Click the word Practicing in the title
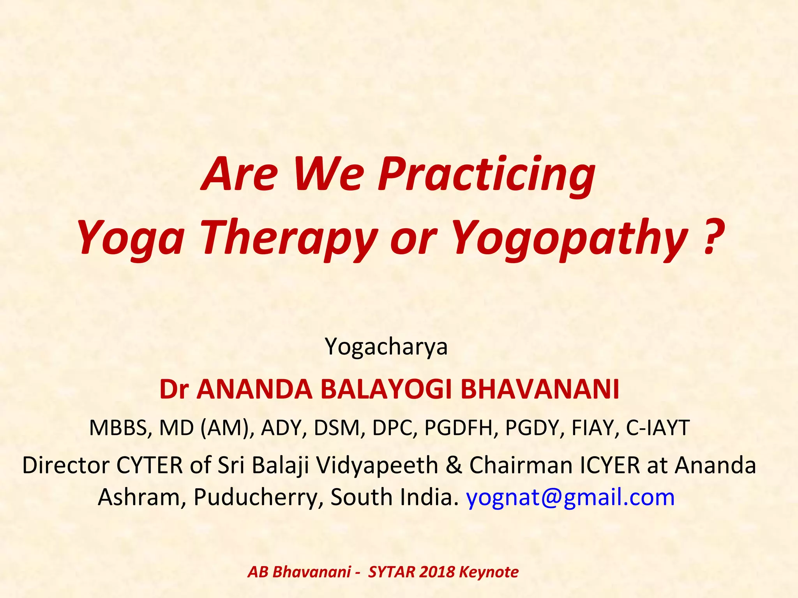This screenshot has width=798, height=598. tap(487, 174)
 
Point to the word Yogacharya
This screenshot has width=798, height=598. tap(386, 346)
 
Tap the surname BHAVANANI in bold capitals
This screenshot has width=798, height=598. tap(540, 389)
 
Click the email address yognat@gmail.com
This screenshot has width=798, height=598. tap(570, 498)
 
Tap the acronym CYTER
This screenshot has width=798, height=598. tap(150, 465)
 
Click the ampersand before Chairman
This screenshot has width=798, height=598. tap(454, 465)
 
